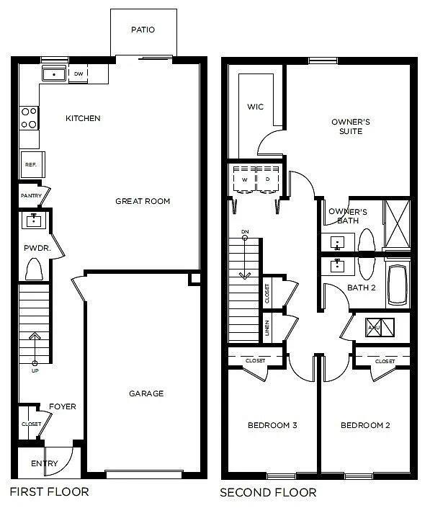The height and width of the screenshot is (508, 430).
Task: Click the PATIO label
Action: pos(143,30)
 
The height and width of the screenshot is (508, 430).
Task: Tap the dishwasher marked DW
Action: pos(79,73)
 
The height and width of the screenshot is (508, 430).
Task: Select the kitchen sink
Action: pos(53,73)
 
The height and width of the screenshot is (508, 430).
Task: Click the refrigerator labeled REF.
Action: pos(31,165)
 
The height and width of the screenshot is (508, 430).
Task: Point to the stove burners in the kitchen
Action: pos(30,117)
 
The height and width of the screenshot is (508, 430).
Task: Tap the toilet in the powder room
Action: pos(34,269)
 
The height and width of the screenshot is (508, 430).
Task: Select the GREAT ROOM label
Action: pos(143,201)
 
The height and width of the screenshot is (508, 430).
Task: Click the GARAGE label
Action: pos(146,393)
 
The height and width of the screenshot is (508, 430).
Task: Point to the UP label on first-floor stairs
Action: pos(35,370)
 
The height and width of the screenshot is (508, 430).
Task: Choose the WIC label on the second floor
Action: pos(255,107)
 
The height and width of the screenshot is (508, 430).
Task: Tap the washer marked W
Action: pos(244,179)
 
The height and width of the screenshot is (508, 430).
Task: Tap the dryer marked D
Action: pos(267,179)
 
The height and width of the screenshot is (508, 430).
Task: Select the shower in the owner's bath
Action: pos(397,224)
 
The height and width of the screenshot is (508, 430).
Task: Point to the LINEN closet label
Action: pos(267,328)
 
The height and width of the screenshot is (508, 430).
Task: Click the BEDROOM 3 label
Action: pos(272,426)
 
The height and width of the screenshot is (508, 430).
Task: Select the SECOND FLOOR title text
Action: pos(268,493)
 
